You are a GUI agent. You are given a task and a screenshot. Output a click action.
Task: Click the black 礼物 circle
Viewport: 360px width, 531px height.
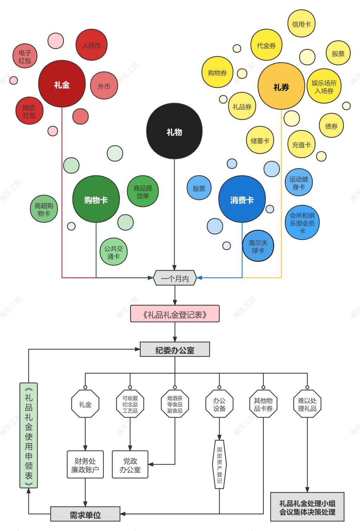coord(174,132)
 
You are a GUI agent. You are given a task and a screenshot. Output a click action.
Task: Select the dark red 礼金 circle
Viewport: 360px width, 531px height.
coord(62,84)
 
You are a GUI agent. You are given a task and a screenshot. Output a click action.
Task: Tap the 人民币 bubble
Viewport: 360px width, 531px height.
coord(91,45)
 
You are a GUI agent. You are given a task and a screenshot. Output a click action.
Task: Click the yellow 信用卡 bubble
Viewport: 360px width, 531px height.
coord(301,24)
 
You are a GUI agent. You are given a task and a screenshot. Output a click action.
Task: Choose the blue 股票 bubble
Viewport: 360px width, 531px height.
coord(199,188)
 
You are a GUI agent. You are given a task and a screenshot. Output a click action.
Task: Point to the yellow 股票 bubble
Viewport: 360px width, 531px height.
coord(338,53)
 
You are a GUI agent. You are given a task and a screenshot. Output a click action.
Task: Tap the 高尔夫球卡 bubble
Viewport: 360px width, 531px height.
coord(258,246)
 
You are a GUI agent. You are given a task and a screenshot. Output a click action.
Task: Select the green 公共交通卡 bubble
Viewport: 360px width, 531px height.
coord(114,252)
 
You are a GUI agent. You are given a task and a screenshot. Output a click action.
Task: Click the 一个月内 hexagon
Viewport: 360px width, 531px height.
coord(175,278)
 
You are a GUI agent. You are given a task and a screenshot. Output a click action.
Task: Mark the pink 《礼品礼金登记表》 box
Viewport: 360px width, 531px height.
coord(175,314)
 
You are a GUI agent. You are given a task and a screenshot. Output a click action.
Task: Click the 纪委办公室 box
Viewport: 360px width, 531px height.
coord(175,349)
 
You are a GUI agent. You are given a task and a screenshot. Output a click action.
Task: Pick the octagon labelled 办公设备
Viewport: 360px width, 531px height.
coord(219,404)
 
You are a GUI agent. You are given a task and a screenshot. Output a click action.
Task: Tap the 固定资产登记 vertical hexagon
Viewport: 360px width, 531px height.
coord(219,464)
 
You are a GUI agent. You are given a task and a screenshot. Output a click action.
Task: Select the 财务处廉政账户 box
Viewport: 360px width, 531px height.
coord(85,464)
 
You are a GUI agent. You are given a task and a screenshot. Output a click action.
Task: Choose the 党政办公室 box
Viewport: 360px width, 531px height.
coord(130,464)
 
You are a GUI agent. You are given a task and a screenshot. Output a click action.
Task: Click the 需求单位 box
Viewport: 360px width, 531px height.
coord(85,514)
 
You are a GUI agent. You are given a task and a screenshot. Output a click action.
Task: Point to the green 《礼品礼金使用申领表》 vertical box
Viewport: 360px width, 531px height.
coord(28,435)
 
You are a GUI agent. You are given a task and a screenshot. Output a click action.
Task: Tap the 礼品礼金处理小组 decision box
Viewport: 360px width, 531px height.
coord(307,507)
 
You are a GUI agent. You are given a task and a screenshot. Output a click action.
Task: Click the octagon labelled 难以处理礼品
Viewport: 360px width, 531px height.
coord(307,404)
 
